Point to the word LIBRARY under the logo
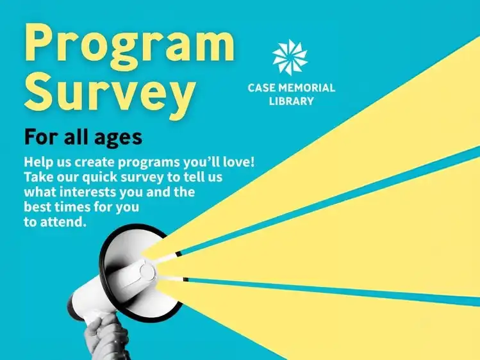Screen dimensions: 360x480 (292, 101)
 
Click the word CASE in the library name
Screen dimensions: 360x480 (261, 88)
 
